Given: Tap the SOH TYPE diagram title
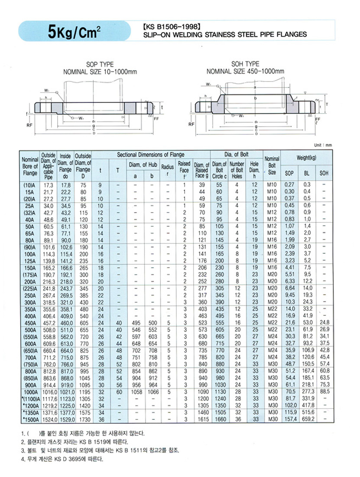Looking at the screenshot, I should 245,64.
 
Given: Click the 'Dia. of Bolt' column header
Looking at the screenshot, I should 235,155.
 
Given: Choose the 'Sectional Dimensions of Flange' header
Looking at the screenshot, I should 150,155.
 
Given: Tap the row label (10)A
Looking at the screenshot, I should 30,185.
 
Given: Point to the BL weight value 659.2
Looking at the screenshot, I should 307,419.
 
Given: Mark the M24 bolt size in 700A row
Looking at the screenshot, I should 272,357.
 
